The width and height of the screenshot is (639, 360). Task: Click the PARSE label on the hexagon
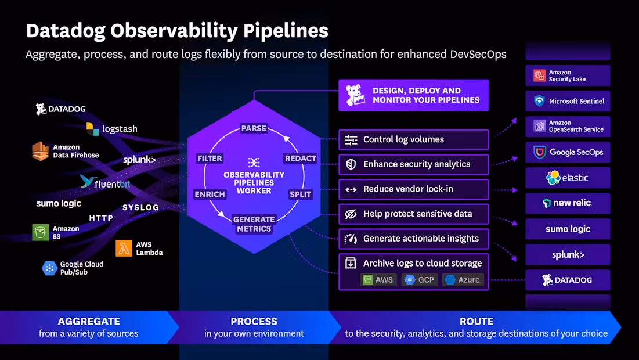click(x=254, y=128)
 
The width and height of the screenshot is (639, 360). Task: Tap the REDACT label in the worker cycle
click(x=300, y=158)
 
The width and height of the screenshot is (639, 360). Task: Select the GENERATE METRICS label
click(x=254, y=224)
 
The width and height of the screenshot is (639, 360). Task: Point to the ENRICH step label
click(x=210, y=195)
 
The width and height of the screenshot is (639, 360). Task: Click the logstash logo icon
click(x=92, y=129)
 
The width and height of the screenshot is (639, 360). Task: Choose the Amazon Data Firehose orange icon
click(x=41, y=151)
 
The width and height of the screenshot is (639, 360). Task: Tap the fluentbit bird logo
click(x=87, y=181)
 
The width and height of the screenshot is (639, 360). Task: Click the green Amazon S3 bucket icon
click(x=41, y=232)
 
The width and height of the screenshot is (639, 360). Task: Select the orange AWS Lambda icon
click(x=124, y=248)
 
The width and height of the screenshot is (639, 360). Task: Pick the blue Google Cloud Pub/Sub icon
click(x=49, y=268)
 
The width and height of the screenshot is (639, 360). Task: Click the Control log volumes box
click(x=414, y=139)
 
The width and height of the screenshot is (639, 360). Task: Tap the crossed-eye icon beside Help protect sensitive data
click(x=351, y=214)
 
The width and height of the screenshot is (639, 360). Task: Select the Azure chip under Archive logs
click(x=463, y=280)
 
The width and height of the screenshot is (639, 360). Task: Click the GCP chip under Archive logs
click(x=420, y=280)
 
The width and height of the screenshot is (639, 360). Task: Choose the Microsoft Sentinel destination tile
click(x=568, y=101)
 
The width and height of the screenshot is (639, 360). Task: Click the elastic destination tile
click(x=568, y=178)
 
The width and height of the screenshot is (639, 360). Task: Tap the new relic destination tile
click(x=568, y=203)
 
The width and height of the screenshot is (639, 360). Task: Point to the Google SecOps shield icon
click(x=540, y=153)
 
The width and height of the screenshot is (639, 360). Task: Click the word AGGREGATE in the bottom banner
click(x=89, y=321)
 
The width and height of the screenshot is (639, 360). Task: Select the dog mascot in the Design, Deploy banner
click(x=355, y=95)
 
